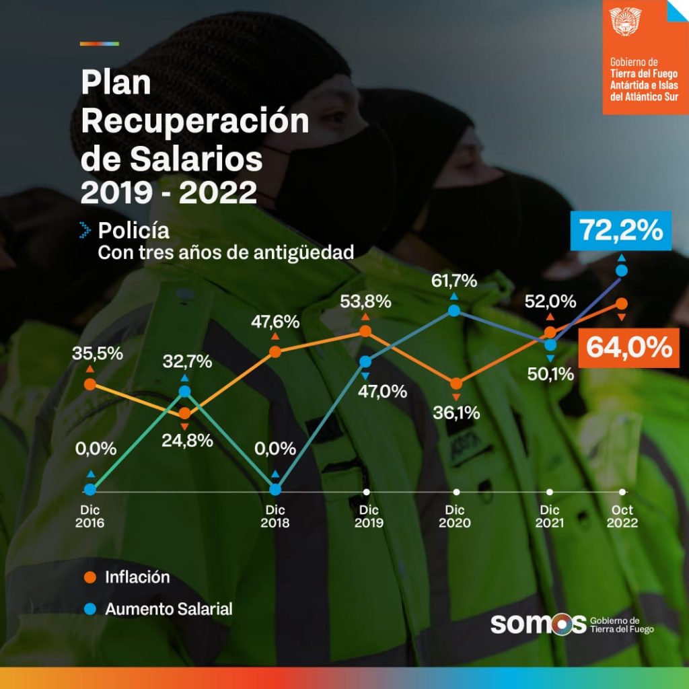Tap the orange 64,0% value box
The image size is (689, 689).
click(628, 348)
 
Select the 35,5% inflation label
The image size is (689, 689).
click(98, 353)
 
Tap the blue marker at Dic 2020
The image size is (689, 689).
click(454, 310)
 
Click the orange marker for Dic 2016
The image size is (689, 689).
click(89, 384)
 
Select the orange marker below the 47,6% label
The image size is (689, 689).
click(275, 351)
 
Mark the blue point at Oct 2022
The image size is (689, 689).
click(622, 270)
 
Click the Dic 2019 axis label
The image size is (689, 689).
click(367, 515)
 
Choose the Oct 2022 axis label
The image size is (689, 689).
click(622, 515)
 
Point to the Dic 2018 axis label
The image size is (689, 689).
click(275, 515)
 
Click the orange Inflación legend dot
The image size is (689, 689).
click(89, 577)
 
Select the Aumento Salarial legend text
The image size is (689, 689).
click(169, 609)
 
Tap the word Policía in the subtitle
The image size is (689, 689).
click(134, 230)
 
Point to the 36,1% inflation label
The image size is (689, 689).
click(457, 412)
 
